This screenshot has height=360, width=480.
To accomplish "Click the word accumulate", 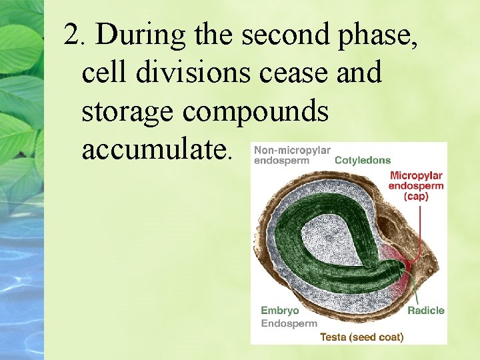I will [x=156, y=151].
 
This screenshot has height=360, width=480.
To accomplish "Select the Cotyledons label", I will [x=362, y=160].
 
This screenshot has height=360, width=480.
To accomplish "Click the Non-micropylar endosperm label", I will [x=292, y=155].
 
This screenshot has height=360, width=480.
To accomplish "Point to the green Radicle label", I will [x=426, y=311].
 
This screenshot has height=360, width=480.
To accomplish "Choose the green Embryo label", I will [x=279, y=311].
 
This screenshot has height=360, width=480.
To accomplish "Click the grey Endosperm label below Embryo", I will [x=289, y=323].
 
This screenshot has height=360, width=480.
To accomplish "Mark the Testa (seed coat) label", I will [x=361, y=337].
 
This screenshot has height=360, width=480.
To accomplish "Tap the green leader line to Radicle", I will [x=417, y=287].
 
